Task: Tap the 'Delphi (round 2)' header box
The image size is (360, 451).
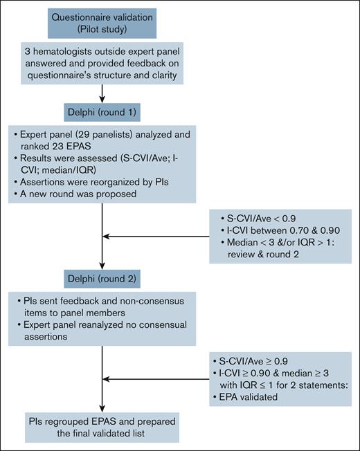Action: (x=102, y=281)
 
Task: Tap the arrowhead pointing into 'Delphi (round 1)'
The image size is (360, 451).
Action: (x=102, y=101)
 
